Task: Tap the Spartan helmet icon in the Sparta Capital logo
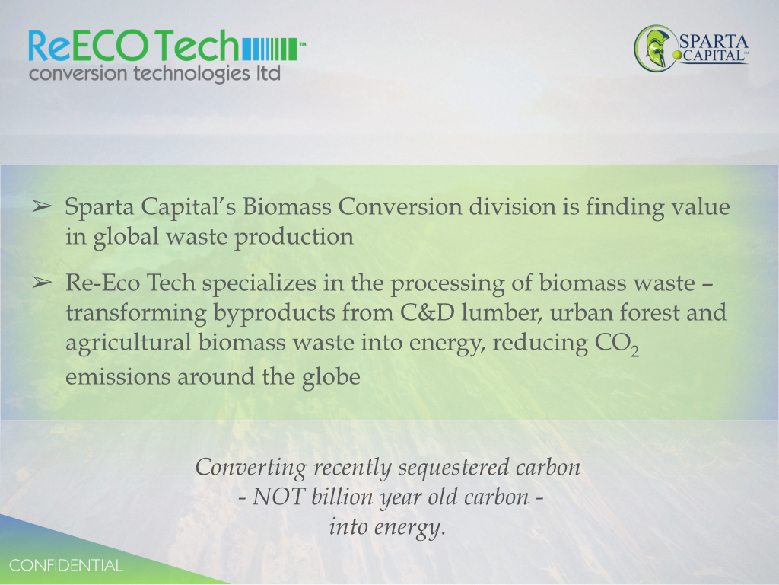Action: pyautogui.click(x=655, y=49)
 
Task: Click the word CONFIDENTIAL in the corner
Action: pyautogui.click(x=65, y=566)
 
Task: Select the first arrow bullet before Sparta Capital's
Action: pyautogui.click(x=43, y=206)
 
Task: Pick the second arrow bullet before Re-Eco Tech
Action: pyautogui.click(x=43, y=283)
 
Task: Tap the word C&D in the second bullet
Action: pyautogui.click(x=428, y=313)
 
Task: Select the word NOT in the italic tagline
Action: pyautogui.click(x=278, y=497)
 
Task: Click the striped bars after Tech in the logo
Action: pyautogui.click(x=270, y=49)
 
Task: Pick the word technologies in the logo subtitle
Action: pyautogui.click(x=192, y=74)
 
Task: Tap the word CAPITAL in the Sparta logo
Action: pyautogui.click(x=714, y=55)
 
